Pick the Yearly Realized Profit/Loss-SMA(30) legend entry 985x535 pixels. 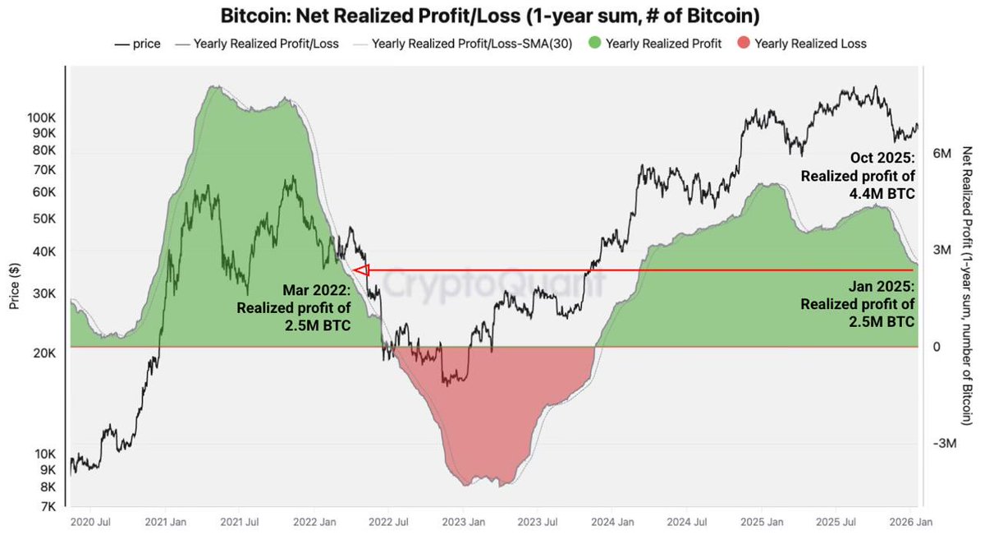[463, 44]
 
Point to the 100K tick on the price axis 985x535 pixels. [41, 118]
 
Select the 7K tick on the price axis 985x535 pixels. [46, 506]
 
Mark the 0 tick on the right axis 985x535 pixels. [937, 347]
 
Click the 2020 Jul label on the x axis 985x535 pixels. [89, 522]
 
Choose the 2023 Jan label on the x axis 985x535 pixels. [462, 522]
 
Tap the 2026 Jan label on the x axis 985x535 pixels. [909, 522]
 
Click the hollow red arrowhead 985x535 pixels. [360, 270]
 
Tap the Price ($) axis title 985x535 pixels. [14, 281]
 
